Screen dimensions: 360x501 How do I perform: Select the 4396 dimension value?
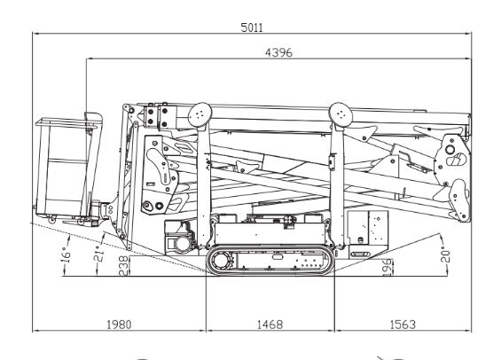279,52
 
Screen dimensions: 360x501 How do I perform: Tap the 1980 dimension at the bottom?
118,325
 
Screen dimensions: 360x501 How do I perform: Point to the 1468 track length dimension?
270,325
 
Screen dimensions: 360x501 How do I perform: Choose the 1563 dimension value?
403,325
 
